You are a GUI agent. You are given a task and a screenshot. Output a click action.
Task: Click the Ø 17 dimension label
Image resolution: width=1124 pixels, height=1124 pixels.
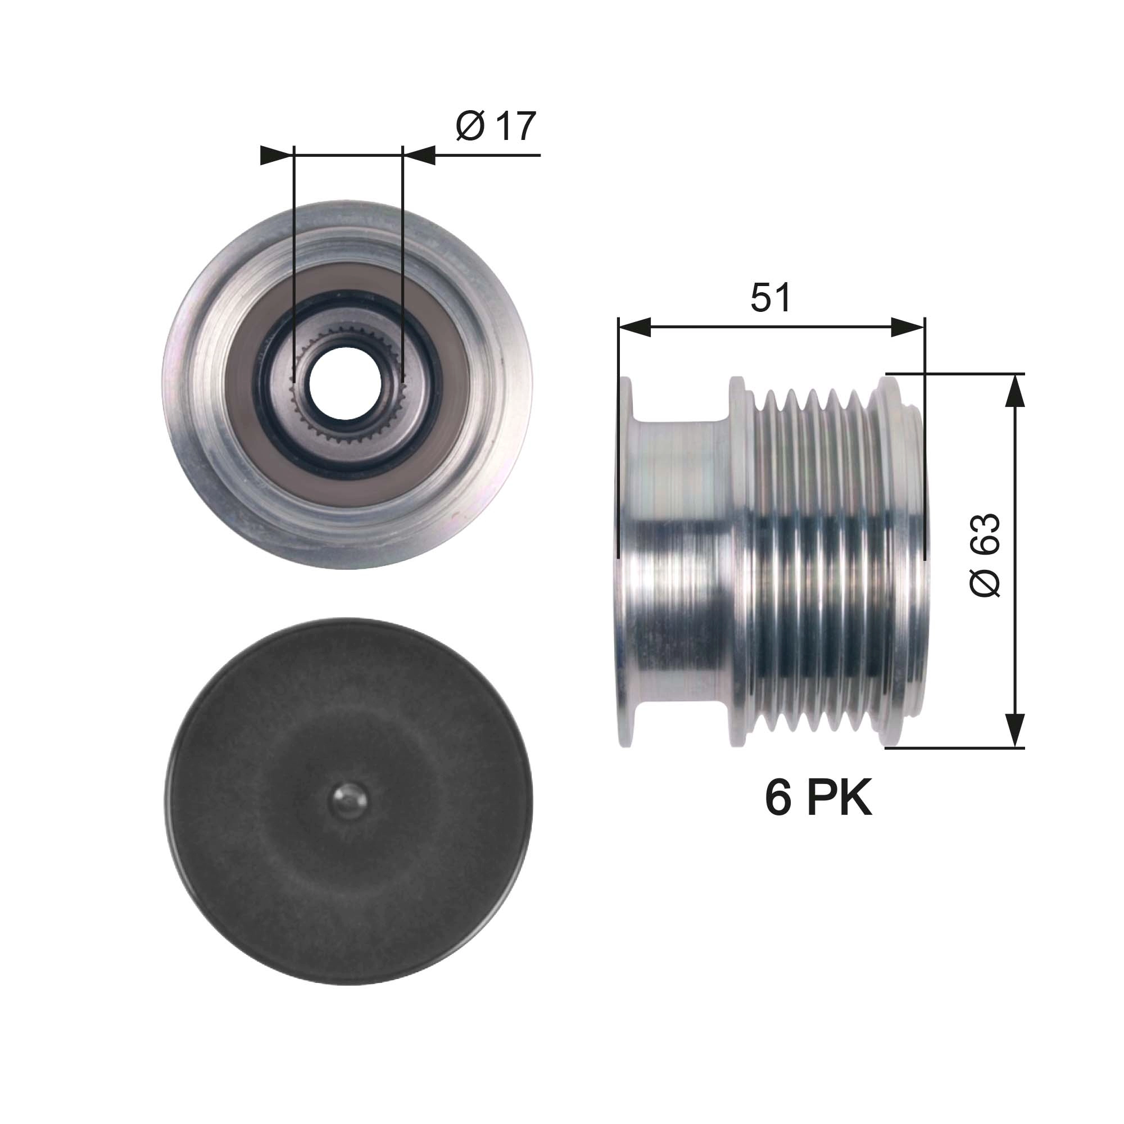click(496, 126)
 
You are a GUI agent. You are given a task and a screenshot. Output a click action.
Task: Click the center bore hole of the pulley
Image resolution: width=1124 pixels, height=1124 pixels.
click(345, 384)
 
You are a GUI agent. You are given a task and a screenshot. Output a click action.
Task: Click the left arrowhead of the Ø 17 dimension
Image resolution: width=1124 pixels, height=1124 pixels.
click(276, 155)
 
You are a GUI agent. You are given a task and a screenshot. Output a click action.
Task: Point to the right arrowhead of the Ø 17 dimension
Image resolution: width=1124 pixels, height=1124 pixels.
click(419, 155)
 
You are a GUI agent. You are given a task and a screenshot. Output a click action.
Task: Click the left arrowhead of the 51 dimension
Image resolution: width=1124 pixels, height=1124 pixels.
click(634, 328)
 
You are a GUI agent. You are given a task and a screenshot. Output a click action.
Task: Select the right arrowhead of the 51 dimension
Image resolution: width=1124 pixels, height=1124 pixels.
click(908, 328)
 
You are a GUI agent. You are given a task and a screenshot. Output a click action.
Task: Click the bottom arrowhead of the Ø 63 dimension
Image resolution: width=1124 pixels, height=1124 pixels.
click(1014, 730)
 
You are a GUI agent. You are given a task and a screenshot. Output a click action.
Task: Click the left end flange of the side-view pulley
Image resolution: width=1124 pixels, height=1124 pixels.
click(625, 561)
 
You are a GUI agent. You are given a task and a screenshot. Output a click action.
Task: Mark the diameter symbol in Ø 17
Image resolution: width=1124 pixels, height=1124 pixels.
click(469, 126)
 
